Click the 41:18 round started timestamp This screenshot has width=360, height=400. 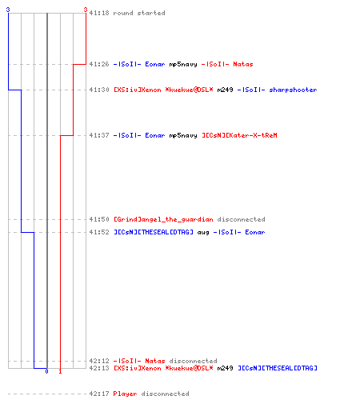tap(99, 13)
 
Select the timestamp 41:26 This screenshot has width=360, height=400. tap(99, 64)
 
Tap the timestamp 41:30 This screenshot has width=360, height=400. tap(99, 90)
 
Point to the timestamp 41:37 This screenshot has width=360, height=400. tap(99, 135)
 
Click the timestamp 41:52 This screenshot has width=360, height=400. tap(99, 232)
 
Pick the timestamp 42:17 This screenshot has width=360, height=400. tap(99, 394)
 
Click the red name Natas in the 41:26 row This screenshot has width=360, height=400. tap(243, 64)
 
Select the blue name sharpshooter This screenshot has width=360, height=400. tap(293, 90)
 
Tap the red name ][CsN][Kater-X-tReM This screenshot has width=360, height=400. tap(239, 135)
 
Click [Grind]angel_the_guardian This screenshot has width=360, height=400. tap(163, 219)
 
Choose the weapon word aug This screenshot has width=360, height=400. tap(203, 233)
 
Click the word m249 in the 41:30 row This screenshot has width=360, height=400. tap(225, 90)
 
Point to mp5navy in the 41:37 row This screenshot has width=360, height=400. tap(183, 135)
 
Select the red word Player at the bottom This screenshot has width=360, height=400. tap(125, 394)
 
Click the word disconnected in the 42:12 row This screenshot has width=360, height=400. tap(193, 361)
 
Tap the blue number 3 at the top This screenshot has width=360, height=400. tap(8, 10)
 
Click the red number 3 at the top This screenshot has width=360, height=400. tap(86, 10)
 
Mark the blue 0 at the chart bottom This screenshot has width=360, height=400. tap(46, 371)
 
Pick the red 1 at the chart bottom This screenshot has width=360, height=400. tap(60, 371)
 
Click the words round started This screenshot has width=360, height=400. tap(139, 13)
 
